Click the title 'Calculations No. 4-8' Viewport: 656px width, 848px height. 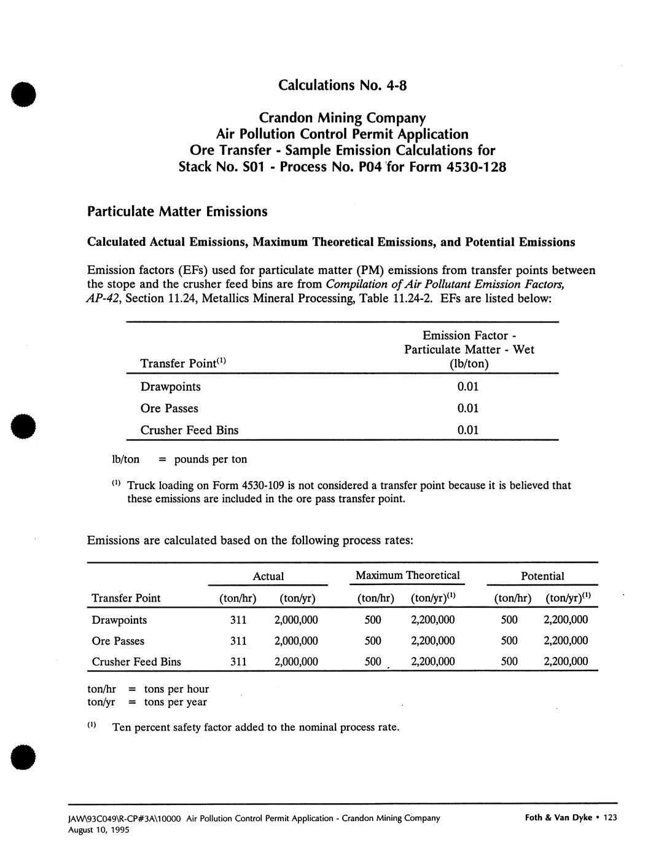point(342,85)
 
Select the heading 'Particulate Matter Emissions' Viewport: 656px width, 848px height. point(178,212)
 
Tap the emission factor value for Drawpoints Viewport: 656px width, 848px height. point(467,387)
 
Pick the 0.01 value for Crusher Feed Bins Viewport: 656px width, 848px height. point(467,430)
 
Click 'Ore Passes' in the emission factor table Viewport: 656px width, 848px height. point(169,409)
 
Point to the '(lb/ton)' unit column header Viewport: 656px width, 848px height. point(469,364)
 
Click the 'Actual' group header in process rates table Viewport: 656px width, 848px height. point(268,576)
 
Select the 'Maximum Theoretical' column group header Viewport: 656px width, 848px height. point(407,576)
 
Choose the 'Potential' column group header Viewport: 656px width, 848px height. point(542,576)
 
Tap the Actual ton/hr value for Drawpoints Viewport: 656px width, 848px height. point(238,620)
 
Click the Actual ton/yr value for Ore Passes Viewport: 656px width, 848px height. point(295,641)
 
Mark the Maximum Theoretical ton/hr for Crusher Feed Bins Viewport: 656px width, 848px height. point(373,662)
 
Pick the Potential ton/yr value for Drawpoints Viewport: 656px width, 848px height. point(566,620)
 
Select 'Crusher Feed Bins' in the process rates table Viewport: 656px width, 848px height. point(136,662)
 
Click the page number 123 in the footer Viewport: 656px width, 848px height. point(610,817)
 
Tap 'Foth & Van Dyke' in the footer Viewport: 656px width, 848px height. point(558,817)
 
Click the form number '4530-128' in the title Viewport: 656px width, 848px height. point(477,167)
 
